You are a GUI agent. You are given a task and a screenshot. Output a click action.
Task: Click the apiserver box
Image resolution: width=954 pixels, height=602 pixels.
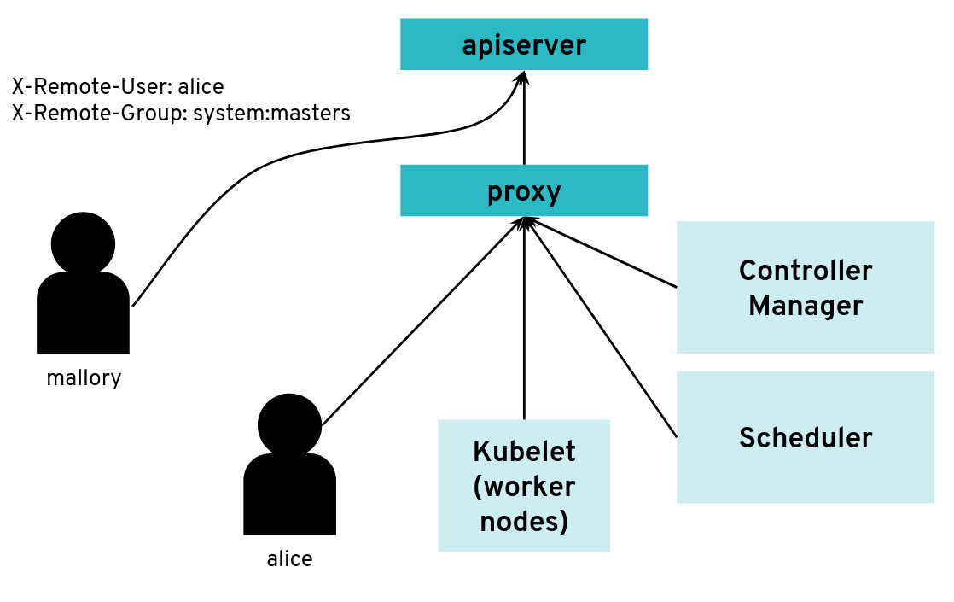coord(524,44)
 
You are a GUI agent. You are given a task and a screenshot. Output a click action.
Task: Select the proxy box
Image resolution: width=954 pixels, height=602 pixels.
coord(524,190)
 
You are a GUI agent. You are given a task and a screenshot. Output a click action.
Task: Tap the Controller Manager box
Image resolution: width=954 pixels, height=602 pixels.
coord(805,287)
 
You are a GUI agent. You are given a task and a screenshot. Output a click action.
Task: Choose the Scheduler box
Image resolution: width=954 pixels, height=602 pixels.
coord(805,437)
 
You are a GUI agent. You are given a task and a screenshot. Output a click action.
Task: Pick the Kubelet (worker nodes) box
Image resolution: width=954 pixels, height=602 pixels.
coord(524,485)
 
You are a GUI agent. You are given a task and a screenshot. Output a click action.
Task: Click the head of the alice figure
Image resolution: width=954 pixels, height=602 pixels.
coord(289,424)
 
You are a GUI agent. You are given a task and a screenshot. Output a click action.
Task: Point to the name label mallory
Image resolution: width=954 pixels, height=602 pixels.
coord(84,377)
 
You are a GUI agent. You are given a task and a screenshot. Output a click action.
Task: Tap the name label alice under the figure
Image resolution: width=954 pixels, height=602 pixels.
coord(289,559)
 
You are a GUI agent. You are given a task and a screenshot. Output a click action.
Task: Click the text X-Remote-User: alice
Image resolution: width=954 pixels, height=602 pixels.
coord(118,87)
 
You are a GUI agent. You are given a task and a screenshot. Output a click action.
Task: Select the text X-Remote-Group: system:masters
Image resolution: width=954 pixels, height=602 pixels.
coord(181,113)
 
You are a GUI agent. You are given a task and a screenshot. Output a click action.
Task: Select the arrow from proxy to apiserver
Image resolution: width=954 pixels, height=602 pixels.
coord(524,120)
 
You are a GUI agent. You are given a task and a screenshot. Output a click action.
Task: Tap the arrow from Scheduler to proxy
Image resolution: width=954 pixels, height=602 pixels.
coord(602,329)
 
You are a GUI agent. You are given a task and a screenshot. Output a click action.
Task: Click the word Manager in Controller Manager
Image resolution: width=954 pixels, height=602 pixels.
coord(806,305)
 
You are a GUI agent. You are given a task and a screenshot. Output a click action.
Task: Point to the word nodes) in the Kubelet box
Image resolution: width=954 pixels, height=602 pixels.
coord(524,520)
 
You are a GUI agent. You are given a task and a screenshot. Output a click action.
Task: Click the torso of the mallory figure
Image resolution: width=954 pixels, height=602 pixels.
coord(83,312)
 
